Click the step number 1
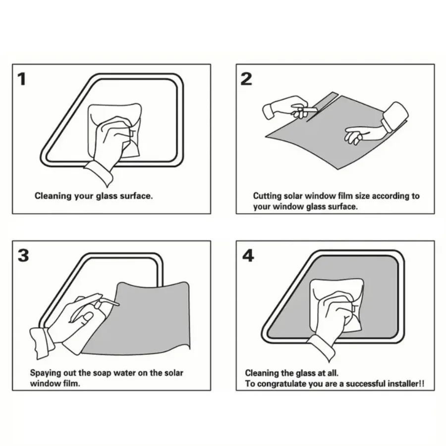22,79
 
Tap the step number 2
246,79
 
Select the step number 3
23,255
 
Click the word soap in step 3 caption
102,373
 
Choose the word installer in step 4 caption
404,384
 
